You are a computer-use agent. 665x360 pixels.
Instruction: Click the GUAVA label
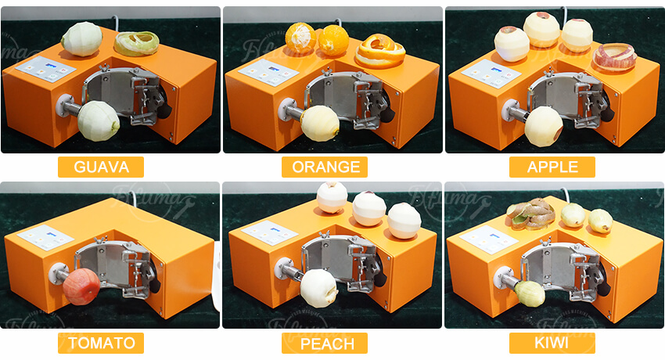tap(101, 167)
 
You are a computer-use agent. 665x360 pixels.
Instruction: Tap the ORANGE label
tap(325, 167)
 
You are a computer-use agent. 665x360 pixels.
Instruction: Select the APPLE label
tap(552, 167)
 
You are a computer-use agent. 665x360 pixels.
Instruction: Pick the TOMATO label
tap(101, 343)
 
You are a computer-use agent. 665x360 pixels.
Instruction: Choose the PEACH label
tap(325, 344)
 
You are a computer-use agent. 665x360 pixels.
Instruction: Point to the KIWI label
tap(552, 343)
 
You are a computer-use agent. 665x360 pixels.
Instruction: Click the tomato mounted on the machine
tap(82, 286)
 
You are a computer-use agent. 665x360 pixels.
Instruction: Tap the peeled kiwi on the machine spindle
tap(530, 293)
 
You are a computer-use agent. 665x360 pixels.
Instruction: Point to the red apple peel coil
tap(614, 57)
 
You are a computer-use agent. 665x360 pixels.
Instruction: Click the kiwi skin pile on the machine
tap(530, 214)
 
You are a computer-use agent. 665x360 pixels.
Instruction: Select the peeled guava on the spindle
tap(99, 120)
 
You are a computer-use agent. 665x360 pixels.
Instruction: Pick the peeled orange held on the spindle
tap(321, 122)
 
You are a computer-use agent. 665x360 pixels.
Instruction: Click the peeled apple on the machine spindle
tap(544, 124)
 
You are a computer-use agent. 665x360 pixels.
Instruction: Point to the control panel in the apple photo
tap(491, 73)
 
